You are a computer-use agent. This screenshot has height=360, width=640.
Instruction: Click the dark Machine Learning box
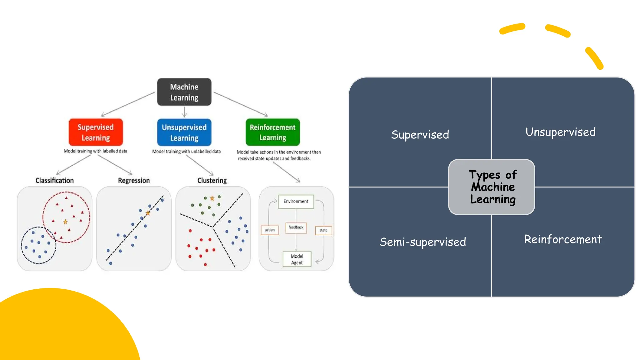tap(184, 92)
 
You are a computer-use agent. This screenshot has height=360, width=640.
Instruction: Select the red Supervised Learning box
tap(96, 132)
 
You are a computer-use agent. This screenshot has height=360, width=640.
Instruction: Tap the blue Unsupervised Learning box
tap(184, 132)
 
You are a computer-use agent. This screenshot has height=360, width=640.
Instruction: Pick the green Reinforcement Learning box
tap(272, 132)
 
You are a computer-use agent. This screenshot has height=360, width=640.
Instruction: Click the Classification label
tap(55, 180)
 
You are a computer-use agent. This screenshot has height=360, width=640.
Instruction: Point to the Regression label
tap(134, 180)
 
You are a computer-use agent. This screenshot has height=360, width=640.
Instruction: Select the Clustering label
tap(212, 180)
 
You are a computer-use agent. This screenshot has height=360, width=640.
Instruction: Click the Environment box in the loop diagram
tap(296, 202)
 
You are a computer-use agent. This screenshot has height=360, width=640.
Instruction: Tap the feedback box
tap(296, 227)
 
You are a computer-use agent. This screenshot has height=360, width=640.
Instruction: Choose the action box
tap(269, 230)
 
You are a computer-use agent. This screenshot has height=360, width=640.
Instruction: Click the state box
tap(323, 230)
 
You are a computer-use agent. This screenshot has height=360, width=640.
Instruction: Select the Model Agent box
tap(297, 259)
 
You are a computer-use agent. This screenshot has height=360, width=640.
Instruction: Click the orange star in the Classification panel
tap(65, 222)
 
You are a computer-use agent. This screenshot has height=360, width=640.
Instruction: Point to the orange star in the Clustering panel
tap(212, 198)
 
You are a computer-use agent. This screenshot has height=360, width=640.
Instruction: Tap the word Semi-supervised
tap(422, 242)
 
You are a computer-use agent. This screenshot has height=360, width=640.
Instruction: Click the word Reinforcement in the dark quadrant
tap(563, 239)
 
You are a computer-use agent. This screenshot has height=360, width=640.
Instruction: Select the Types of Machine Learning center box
tap(492, 187)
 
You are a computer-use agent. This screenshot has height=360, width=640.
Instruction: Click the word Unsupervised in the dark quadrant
tap(560, 132)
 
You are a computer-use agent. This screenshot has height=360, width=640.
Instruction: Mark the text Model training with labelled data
tap(95, 151)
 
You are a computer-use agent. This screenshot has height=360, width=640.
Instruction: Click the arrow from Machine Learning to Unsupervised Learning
tap(184, 112)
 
